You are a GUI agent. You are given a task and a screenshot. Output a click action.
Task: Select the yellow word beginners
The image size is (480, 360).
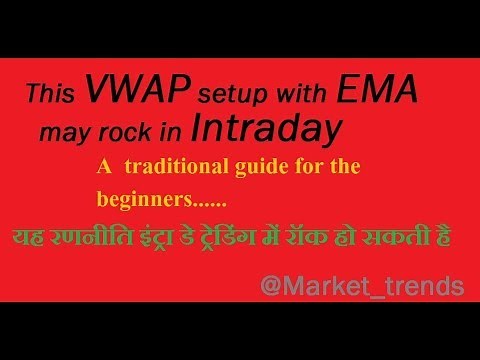[x=145, y=199]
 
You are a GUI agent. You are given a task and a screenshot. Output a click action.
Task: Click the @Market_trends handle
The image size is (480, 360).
[x=361, y=287]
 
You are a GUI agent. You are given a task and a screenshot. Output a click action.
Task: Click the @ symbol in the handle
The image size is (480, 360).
[x=270, y=287]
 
